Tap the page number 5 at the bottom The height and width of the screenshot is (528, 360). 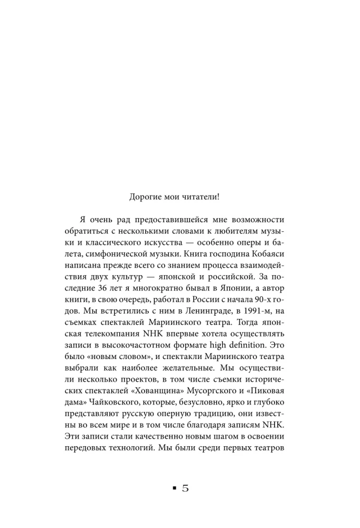(185, 488)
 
